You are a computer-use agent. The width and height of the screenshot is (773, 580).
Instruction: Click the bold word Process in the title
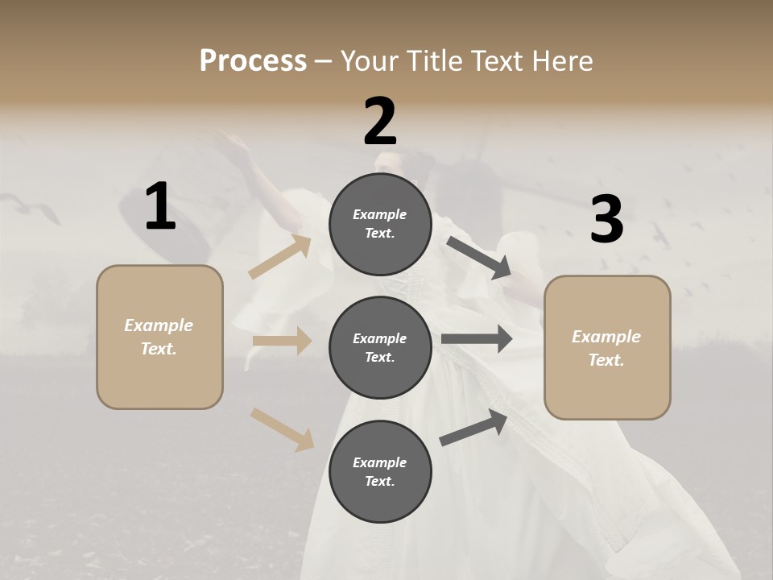(253, 61)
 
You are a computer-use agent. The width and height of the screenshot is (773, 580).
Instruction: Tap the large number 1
(160, 208)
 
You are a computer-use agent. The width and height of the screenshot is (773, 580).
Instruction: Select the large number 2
(380, 121)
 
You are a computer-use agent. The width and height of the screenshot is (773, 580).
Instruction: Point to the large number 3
(606, 220)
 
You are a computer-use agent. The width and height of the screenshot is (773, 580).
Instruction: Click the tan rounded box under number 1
(159, 337)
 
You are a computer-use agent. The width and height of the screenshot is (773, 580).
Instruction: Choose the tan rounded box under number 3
(607, 348)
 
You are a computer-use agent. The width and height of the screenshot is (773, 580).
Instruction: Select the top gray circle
(380, 224)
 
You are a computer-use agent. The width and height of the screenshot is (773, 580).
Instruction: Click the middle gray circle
(380, 348)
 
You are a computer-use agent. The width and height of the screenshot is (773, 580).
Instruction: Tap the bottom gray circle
(380, 472)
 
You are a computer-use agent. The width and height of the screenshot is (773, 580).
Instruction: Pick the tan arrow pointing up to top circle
(280, 257)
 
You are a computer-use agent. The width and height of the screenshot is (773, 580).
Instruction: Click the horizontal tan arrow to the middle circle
(282, 341)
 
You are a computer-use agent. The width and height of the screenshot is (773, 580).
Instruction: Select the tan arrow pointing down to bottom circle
(282, 429)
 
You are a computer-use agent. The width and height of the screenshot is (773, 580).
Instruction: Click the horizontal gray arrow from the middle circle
(477, 339)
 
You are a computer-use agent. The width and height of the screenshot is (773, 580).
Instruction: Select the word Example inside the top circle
(379, 214)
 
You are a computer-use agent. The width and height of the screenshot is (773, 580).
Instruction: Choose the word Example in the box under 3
(606, 337)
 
